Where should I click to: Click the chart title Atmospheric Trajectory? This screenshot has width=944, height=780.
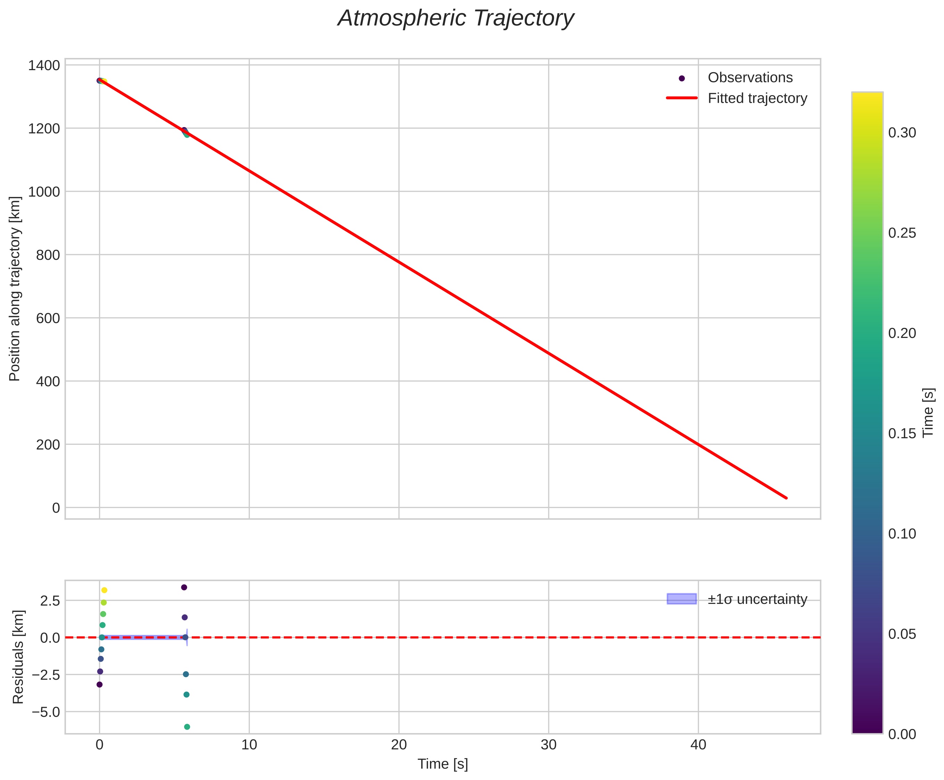tap(456, 19)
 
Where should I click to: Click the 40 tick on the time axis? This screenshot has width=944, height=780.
tap(698, 745)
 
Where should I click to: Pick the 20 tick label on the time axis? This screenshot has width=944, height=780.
tap(398, 745)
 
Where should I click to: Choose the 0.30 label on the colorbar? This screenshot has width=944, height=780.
tap(902, 133)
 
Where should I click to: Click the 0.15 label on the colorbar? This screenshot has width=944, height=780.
tap(902, 433)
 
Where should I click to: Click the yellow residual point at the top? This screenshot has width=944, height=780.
tap(104, 590)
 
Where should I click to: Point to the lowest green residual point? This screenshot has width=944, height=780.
tap(187, 727)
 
